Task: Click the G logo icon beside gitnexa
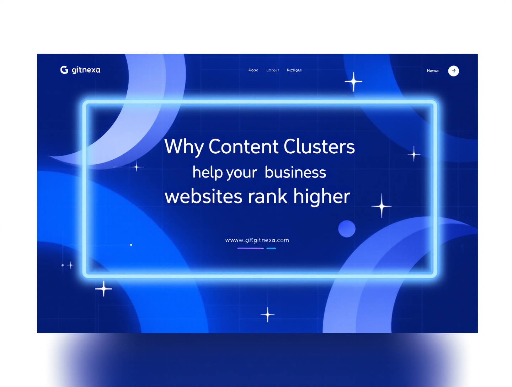[x=64, y=70]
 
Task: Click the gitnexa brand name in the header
[x=86, y=70]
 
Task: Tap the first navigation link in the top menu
[x=253, y=70]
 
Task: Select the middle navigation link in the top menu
[x=273, y=70]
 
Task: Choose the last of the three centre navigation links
[x=294, y=70]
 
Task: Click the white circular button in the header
[x=453, y=71]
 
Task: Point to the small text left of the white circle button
[x=433, y=71]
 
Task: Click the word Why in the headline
[x=184, y=147]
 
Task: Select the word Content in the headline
[x=244, y=147]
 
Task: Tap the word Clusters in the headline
[x=319, y=147]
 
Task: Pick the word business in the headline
[x=295, y=173]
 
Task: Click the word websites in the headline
[x=203, y=196]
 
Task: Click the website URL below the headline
[x=257, y=240]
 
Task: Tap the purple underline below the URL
[x=250, y=248]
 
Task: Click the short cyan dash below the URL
[x=271, y=248]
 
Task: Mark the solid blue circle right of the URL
[x=347, y=229]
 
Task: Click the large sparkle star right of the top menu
[x=353, y=82]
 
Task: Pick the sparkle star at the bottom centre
[x=268, y=315]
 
